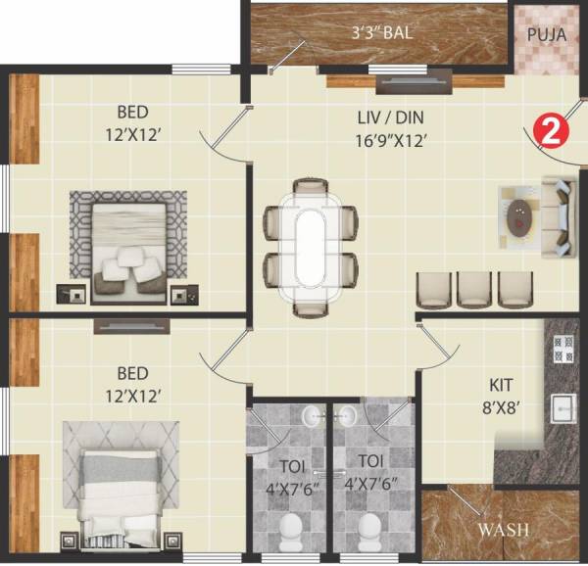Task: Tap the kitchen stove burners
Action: coord(563,345)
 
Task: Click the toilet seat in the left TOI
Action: coord(290,535)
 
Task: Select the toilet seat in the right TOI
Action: coord(370,535)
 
